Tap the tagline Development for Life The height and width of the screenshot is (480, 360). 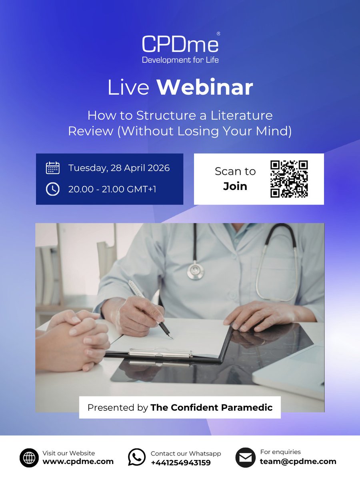coord(180,60)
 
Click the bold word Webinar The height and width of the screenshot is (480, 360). coord(204,88)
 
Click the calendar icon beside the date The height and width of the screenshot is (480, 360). coord(52,168)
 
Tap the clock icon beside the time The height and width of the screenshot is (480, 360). coord(52,189)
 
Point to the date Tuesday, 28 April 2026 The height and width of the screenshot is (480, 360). coord(119,168)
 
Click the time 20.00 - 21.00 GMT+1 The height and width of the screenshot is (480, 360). coord(112,189)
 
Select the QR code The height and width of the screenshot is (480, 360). coord(289,179)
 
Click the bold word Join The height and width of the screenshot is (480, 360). coord(235,186)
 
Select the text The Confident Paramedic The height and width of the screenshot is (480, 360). coord(211,408)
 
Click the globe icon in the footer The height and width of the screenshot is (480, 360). coord(29,458)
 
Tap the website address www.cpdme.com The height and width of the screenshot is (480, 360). coord(78,462)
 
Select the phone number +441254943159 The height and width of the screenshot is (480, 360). coord(180,462)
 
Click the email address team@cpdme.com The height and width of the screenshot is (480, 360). coord(298,462)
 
